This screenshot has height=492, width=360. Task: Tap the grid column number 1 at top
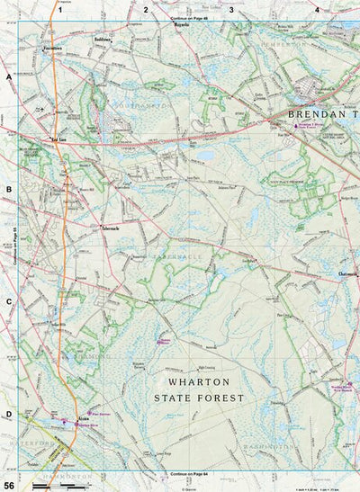tap(59, 10)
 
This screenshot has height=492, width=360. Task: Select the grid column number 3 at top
tap(231, 10)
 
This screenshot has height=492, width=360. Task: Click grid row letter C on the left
tap(9, 302)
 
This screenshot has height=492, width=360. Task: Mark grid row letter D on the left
tap(9, 389)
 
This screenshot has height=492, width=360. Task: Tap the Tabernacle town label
tap(117, 228)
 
